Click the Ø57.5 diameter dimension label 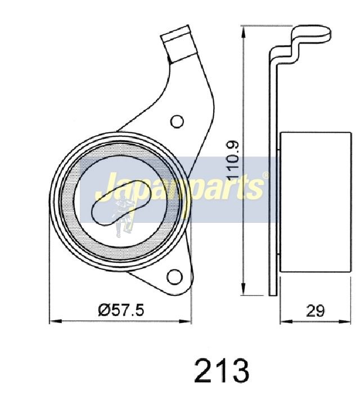click(x=121, y=310)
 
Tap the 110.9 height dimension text click(x=233, y=159)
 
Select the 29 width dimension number click(x=315, y=311)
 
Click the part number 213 click(x=222, y=370)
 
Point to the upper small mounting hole click(x=177, y=122)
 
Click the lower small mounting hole click(x=174, y=277)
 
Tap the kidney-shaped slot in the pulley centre click(x=120, y=203)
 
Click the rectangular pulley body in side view click(x=316, y=202)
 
